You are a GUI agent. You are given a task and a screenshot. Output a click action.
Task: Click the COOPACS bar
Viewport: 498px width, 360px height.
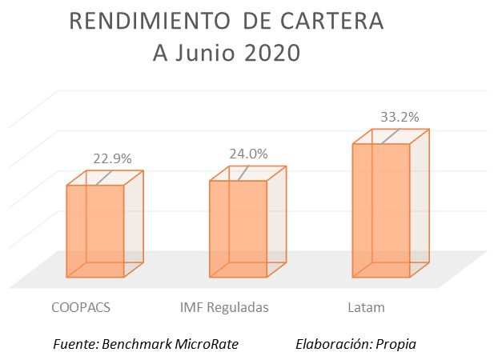tap(94, 230)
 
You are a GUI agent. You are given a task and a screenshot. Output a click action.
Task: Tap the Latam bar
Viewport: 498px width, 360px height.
tap(381, 210)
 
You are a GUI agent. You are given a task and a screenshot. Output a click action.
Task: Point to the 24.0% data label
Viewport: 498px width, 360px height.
tap(248, 154)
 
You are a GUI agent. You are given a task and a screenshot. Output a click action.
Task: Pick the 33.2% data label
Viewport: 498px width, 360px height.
tap(400, 117)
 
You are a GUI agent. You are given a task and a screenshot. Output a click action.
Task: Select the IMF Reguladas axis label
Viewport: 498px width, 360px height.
tap(224, 307)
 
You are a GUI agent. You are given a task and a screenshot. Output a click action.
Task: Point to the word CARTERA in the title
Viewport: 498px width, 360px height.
tap(337, 22)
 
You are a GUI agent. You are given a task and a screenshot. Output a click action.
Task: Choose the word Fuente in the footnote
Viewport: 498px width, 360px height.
tap(73, 344)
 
